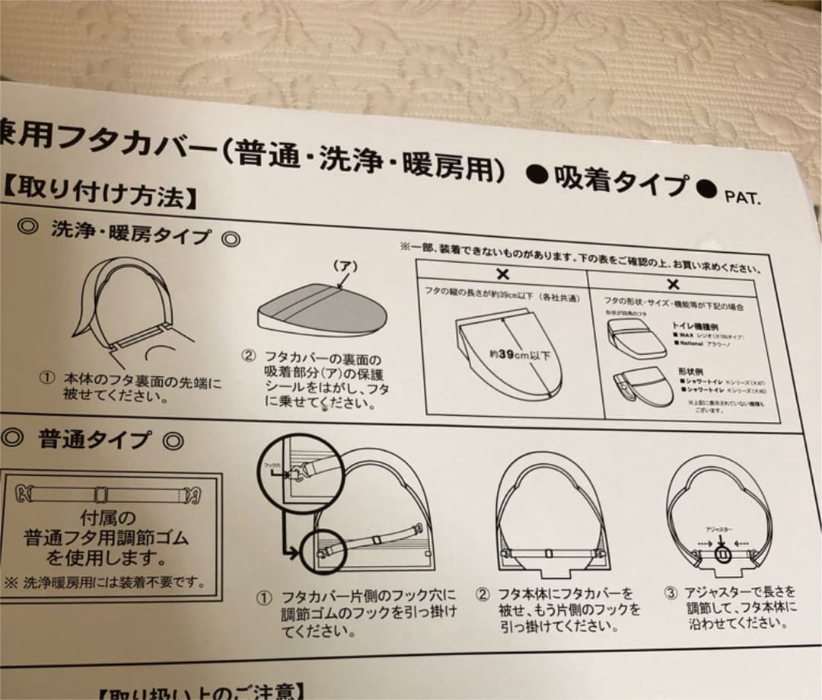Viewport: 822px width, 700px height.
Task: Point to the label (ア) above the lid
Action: (x=345, y=267)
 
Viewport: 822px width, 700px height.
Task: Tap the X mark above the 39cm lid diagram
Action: (x=502, y=275)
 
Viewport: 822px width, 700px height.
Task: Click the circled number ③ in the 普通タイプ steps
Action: (x=671, y=593)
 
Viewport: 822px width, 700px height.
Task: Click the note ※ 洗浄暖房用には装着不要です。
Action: (x=106, y=583)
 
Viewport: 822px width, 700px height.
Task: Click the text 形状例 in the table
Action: (x=688, y=369)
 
